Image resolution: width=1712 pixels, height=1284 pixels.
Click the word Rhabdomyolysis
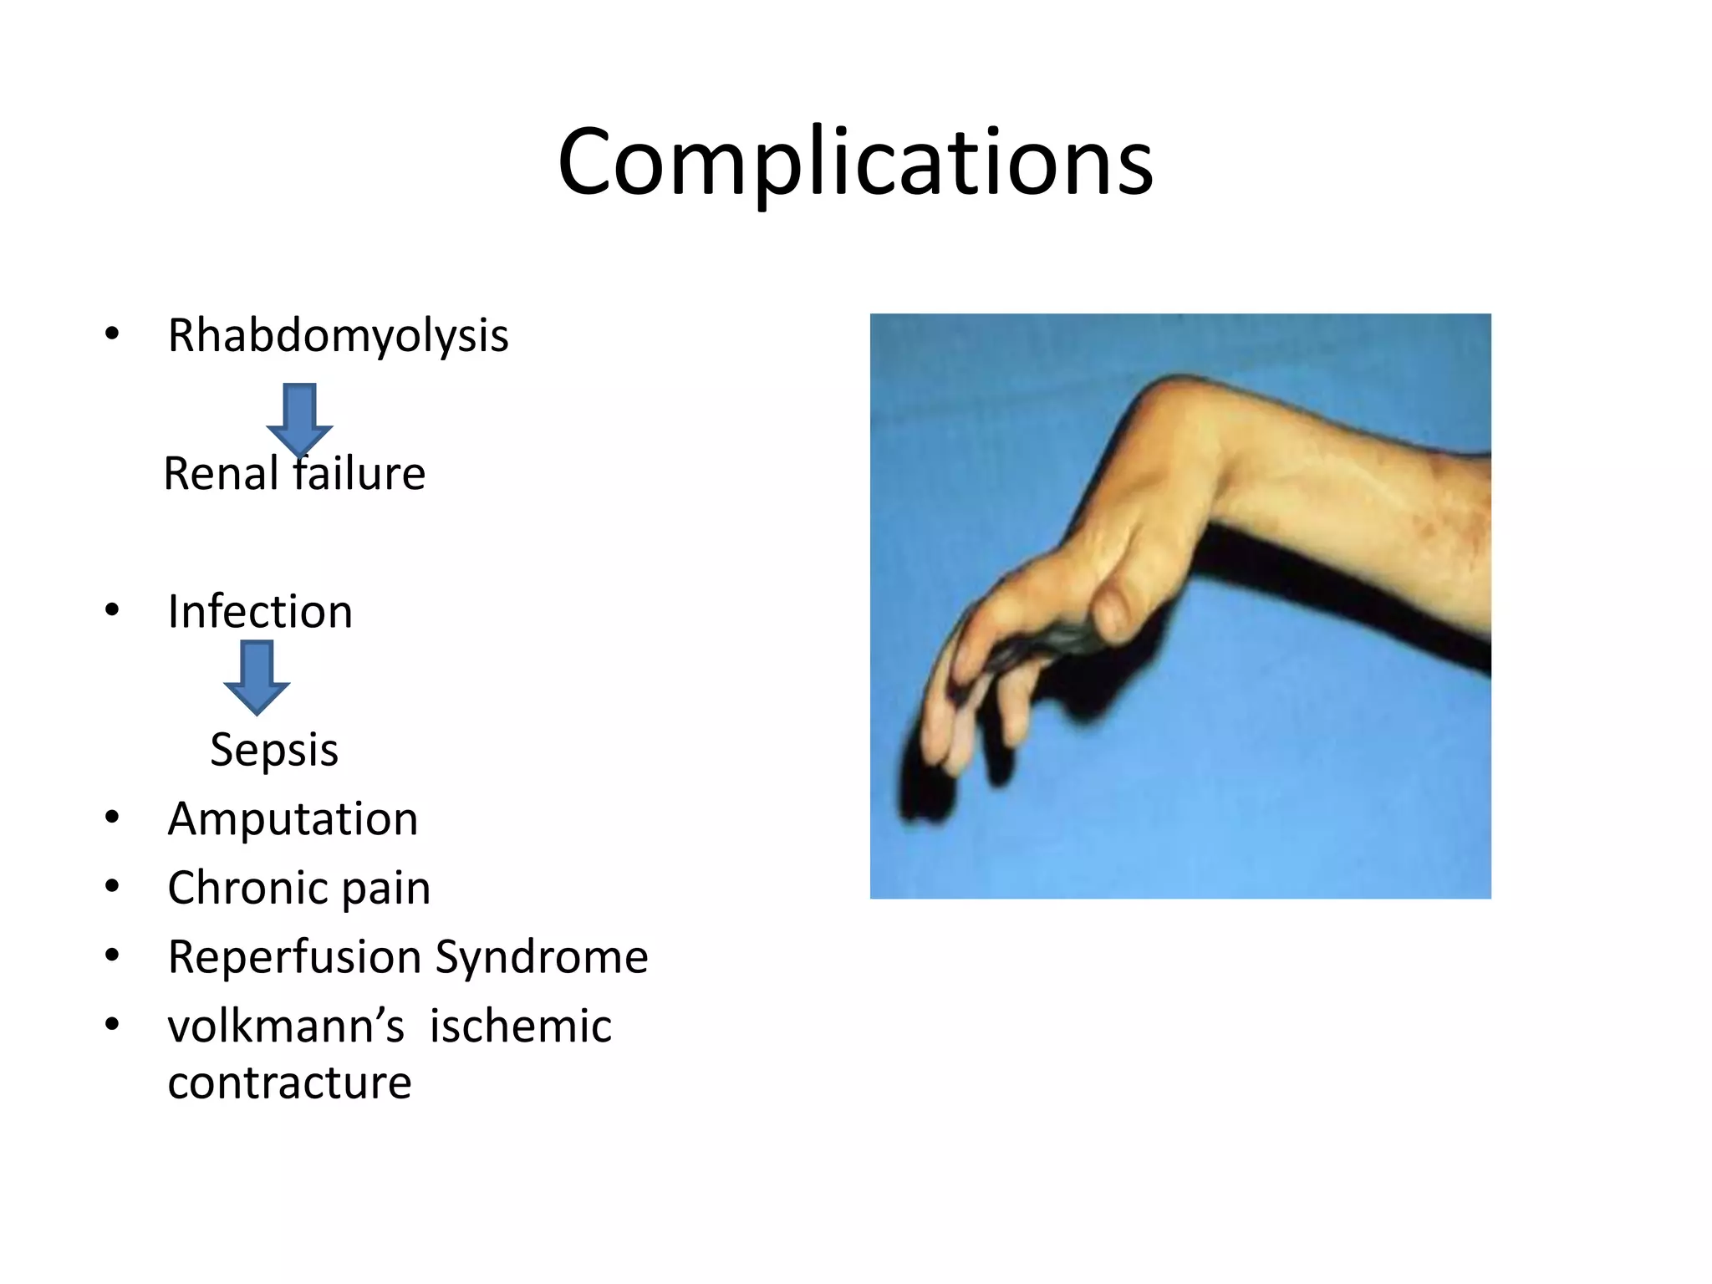pos(338,336)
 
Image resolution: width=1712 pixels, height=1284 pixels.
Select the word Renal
pos(221,474)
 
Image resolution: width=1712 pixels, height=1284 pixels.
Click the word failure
pos(359,474)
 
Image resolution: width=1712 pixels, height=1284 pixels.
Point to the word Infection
pos(260,611)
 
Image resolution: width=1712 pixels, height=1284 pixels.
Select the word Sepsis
pos(274,749)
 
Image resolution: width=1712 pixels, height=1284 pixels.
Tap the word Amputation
pos(293,818)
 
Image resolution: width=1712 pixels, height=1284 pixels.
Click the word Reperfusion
pos(294,957)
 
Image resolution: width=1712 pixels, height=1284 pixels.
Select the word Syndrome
pos(542,957)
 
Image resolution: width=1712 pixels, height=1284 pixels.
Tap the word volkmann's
pos(286,1027)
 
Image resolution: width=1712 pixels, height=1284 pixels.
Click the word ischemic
pos(520,1027)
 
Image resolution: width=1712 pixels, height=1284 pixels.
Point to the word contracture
pos(289,1083)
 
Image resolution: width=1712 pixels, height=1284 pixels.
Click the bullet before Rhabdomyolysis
pos(112,334)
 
